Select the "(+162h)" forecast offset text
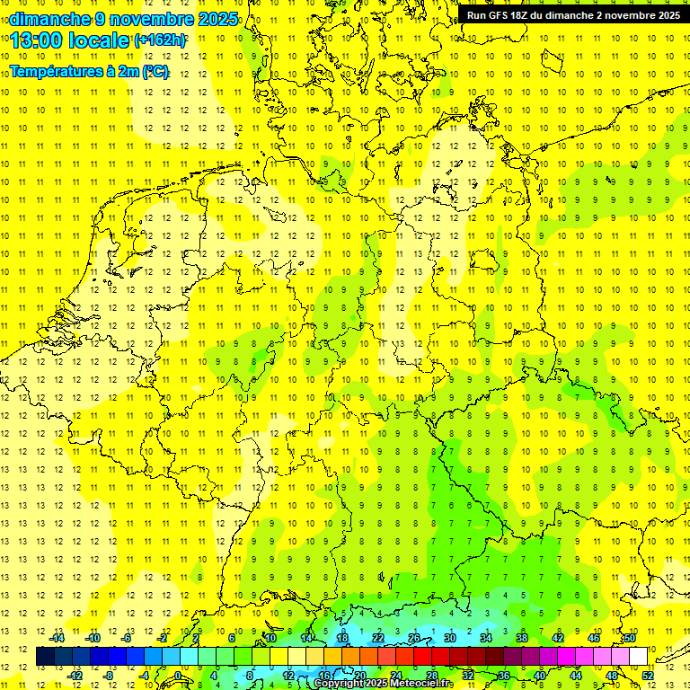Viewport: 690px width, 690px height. pos(160,40)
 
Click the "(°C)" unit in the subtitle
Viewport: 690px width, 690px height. pos(155,72)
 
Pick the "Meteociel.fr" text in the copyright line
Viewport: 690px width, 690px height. pos(421,684)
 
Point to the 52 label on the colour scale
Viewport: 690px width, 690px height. pos(648,676)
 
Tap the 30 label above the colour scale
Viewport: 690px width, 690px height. pos(449,638)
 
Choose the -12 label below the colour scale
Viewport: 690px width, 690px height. pos(75,676)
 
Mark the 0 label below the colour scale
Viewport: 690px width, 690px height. pos(179,676)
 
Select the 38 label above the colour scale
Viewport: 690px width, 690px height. pos(521,638)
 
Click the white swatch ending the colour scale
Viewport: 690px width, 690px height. pos(638,657)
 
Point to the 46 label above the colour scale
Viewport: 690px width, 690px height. pos(593,638)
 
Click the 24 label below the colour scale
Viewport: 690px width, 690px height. pos(395,676)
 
